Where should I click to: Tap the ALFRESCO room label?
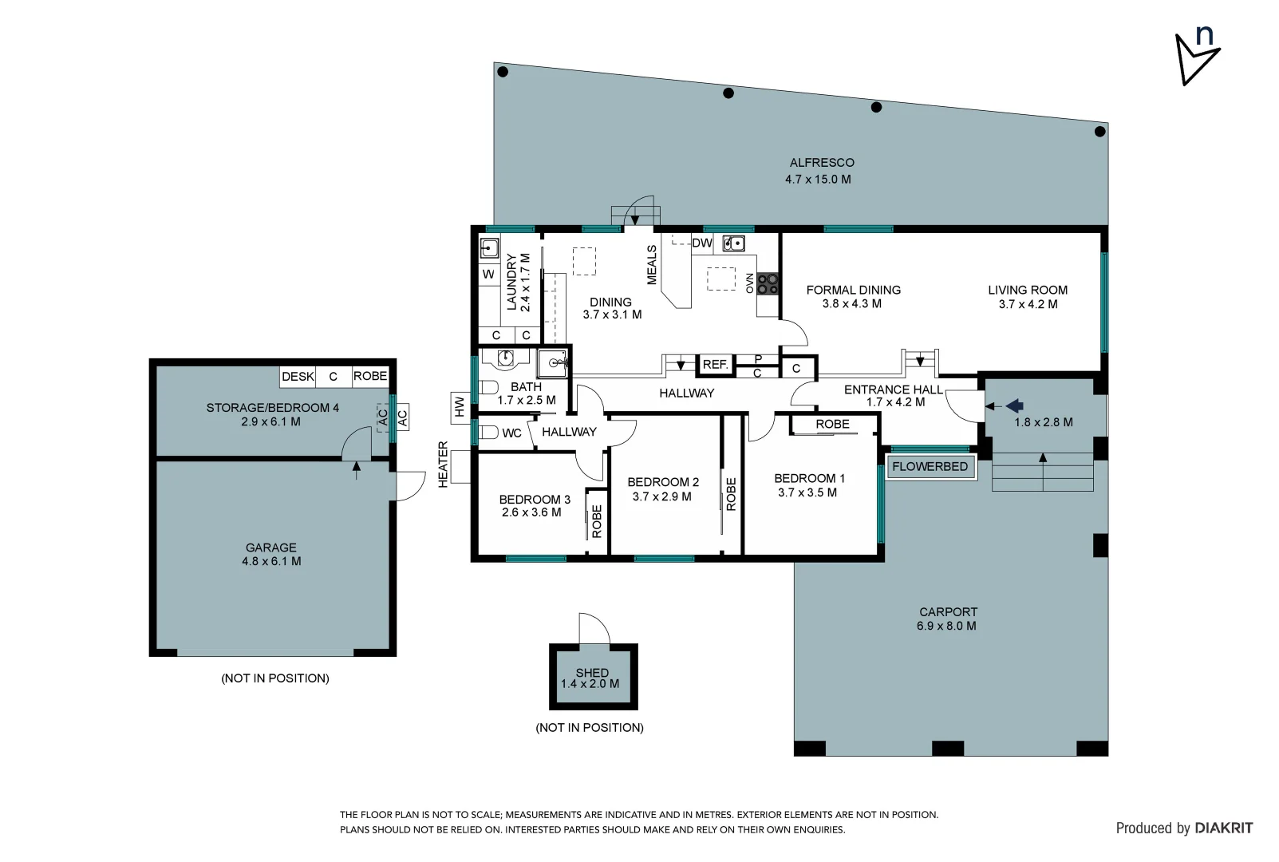coord(821,162)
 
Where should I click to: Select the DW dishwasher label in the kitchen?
coord(701,243)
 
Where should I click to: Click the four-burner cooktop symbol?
coord(768,283)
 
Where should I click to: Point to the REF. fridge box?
coord(715,365)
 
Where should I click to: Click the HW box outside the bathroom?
coord(460,408)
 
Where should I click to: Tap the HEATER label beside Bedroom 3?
coord(444,465)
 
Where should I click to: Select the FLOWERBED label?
coord(930,466)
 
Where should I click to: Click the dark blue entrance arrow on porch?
coord(1014,406)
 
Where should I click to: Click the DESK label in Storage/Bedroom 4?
coord(298,376)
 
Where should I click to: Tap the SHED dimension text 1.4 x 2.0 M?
coord(590,684)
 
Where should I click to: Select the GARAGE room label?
coord(270,548)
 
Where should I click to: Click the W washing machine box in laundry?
coord(488,275)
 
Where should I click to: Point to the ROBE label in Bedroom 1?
coord(832,424)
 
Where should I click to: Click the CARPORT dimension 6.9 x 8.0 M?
coord(946,626)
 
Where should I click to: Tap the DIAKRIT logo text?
coord(1223,828)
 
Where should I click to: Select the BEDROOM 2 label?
coord(663,482)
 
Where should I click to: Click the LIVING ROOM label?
coord(1028,290)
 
